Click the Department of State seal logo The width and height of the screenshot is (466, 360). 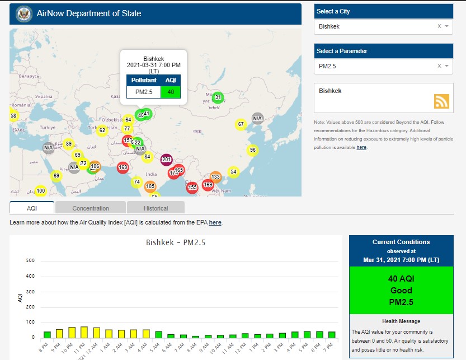point(24,13)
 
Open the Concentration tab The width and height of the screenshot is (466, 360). point(91,208)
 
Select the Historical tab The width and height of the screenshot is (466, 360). point(156,208)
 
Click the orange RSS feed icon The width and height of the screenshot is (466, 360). point(441,101)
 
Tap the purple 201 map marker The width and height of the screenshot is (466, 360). point(166,160)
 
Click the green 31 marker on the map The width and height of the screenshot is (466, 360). point(218,97)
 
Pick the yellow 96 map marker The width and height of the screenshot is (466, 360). point(253,150)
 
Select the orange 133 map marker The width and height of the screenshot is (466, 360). point(215,177)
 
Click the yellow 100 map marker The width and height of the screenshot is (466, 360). point(40,191)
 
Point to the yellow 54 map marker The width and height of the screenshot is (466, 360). point(233,171)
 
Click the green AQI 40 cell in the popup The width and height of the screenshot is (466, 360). point(171,92)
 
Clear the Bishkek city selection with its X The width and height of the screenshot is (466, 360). point(439,26)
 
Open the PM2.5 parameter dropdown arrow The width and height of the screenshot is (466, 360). point(447,66)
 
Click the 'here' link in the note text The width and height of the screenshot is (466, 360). point(361,147)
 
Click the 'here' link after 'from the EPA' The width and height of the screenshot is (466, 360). point(215,223)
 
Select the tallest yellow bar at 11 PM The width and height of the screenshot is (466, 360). point(84,332)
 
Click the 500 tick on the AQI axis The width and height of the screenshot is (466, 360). point(31,261)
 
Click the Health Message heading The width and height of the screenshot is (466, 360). point(401,321)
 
